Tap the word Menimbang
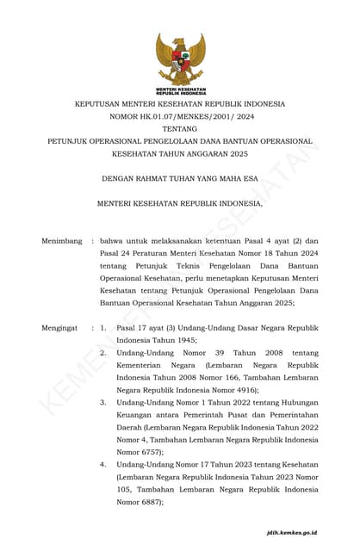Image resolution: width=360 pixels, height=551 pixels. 62,241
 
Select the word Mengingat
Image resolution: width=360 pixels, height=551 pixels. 60,328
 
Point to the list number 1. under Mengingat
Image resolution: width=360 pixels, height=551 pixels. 103,328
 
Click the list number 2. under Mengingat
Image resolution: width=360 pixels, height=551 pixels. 103,352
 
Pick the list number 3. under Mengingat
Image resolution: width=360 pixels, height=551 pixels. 103,402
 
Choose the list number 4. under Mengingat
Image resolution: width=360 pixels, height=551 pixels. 103,464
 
